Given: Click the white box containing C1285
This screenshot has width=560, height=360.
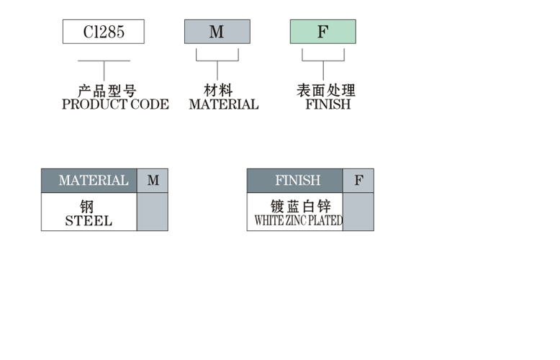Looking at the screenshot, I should coord(104,32).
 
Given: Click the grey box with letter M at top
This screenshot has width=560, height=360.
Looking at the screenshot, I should coord(217,32).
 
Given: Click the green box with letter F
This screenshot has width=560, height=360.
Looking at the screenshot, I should coord(322,32).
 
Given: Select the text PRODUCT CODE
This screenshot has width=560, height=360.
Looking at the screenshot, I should coord(115,104).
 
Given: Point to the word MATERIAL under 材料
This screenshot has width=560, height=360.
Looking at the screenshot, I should coord(223,104).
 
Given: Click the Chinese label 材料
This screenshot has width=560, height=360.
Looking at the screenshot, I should coord(218,91).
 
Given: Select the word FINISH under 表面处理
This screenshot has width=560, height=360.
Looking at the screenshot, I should coord(328,104).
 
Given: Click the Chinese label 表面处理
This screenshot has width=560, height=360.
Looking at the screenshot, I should coord(326,91).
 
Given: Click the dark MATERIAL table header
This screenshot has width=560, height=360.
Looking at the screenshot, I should coord(89,181).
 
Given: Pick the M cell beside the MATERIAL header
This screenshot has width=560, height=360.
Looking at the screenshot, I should coord(153,181).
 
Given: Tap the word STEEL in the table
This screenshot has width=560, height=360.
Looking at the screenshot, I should coord(89,221).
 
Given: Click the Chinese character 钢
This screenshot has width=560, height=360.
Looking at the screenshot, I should coord(87,207).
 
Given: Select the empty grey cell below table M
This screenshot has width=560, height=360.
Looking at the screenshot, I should coord(153,212).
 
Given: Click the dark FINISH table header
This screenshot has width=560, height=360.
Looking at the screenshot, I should coord(295,181).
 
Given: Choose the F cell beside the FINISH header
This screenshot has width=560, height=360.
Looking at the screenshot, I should coord(358,181).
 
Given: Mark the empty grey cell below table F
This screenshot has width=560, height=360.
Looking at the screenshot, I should coord(358,212).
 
